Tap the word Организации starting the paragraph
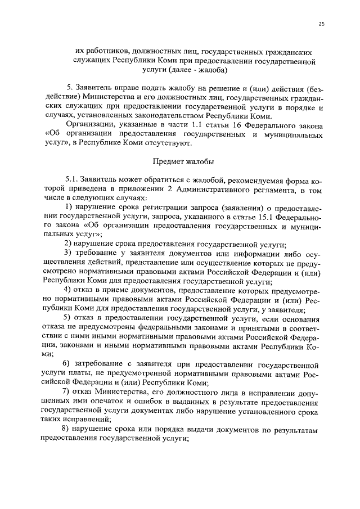[x=88, y=125]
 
